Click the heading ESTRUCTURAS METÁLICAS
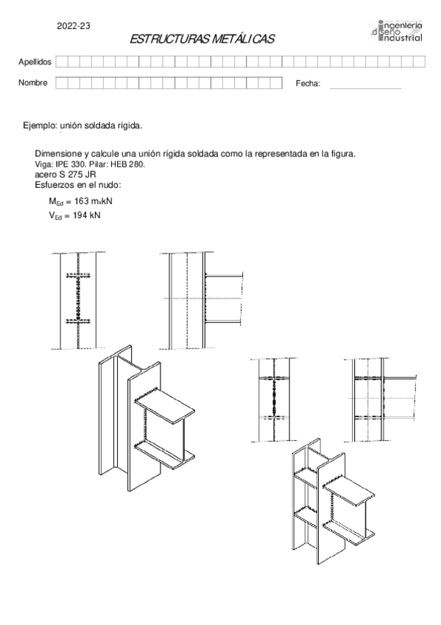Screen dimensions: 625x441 point(202,40)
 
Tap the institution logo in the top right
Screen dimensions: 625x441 point(398,31)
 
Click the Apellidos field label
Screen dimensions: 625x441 point(35,61)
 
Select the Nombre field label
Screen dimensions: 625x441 point(33,83)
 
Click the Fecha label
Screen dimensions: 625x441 point(308,84)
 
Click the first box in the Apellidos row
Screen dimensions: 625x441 point(62,61)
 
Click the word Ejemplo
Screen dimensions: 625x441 point(40,127)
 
